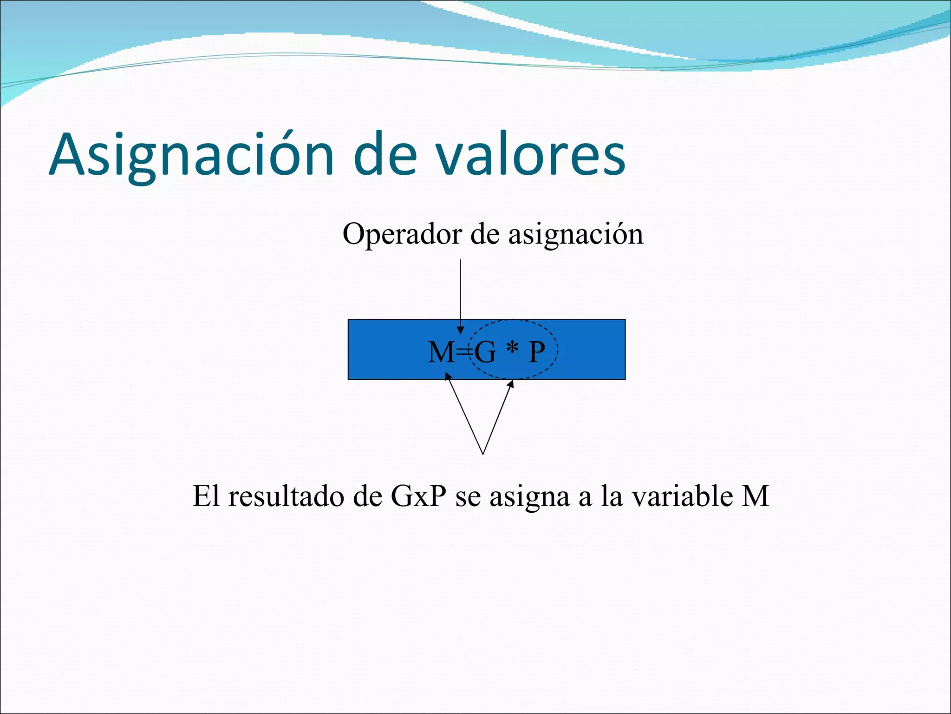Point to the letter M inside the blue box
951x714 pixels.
[x=441, y=352]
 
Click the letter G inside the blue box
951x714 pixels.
[x=485, y=352]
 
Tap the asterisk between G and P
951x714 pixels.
[x=512, y=349]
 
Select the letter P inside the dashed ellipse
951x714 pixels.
[x=537, y=352]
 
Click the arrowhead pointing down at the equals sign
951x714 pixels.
[x=460, y=330]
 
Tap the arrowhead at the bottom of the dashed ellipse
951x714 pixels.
[x=511, y=384]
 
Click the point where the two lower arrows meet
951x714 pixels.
[x=483, y=454]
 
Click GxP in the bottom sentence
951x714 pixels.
[x=418, y=496]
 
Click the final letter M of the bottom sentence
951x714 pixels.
[x=755, y=496]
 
